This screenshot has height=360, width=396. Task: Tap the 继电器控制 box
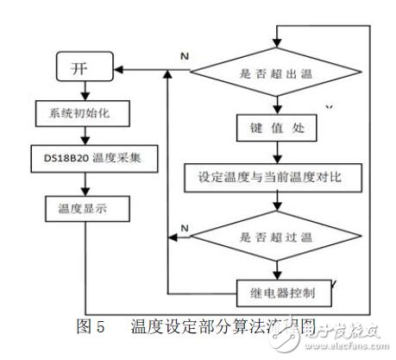pos(275,293)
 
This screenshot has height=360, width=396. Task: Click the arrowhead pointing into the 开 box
pos(121,68)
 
